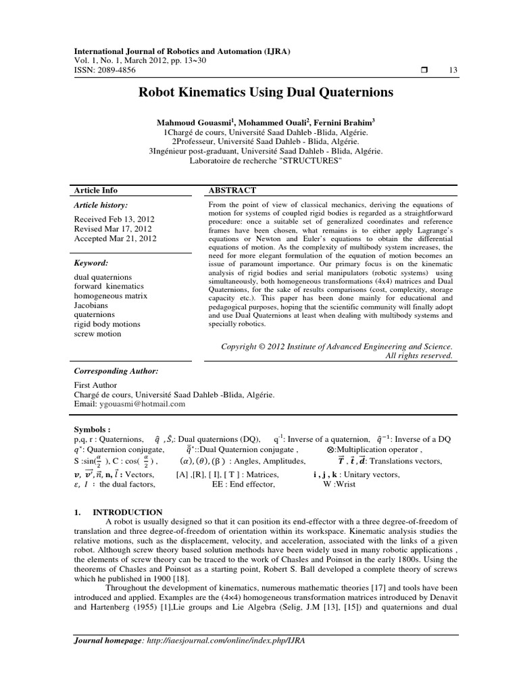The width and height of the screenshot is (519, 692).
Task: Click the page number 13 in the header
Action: pyautogui.click(x=453, y=71)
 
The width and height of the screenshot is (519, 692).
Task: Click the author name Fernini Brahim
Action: pyautogui.click(x=343, y=122)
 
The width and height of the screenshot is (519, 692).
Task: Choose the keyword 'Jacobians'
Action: pyautogui.click(x=91, y=305)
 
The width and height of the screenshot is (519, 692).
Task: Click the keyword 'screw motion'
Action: pyautogui.click(x=97, y=334)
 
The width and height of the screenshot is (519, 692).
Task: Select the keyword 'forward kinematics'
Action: pyautogui.click(x=108, y=287)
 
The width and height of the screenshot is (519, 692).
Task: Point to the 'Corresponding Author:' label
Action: pyautogui.click(x=116, y=371)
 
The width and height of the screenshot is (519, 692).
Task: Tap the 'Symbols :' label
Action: pyautogui.click(x=91, y=429)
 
